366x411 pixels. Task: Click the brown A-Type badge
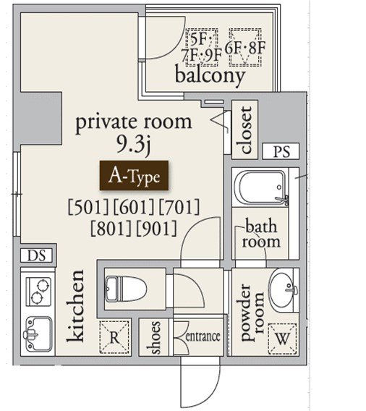coord(134,175)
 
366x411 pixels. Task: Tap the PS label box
coord(281,151)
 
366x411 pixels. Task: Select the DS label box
coord(37,255)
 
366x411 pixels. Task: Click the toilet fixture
coord(126,289)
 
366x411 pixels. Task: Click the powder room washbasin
coord(284,290)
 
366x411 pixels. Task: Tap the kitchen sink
coord(38,334)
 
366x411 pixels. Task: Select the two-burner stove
coord(38,292)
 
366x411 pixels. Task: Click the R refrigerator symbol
coord(114,337)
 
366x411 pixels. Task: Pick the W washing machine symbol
coord(282,339)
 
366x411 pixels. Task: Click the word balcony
coord(210,76)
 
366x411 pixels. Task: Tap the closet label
coord(246,130)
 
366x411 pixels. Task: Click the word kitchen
coord(75,306)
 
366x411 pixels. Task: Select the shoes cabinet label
coord(153,338)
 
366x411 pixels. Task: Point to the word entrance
coord(203,336)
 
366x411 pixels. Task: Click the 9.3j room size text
coord(133,145)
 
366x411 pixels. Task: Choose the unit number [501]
coord(88,207)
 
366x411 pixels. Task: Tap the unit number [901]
coord(157,229)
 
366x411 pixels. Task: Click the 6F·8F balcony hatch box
coord(245,47)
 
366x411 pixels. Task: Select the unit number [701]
coord(179,207)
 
